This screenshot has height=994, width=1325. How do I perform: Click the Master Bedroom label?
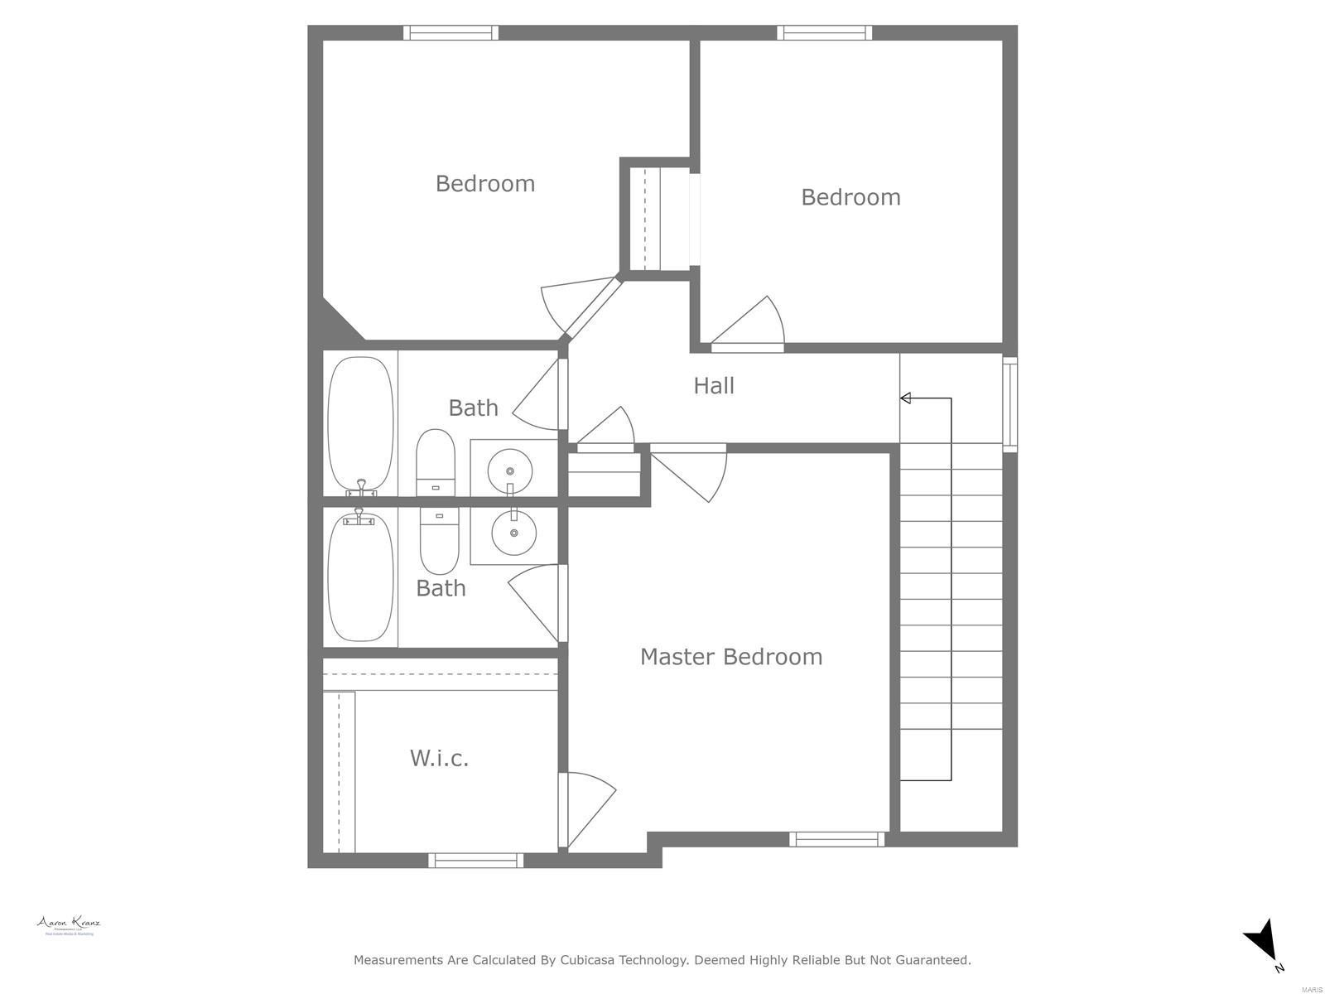point(730,657)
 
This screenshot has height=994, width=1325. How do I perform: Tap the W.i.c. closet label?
point(439,758)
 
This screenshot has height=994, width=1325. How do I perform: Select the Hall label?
point(713,385)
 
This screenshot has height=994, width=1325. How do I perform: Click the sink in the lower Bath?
point(513,533)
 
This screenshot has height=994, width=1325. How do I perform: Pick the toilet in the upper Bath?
point(436,464)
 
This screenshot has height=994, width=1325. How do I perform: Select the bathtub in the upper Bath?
point(360,424)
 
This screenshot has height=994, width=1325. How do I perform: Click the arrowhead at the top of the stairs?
point(906,398)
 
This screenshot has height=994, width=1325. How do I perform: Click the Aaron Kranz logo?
point(68,925)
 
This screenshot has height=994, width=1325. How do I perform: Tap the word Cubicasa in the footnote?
point(591,960)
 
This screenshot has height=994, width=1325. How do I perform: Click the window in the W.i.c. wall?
point(475,861)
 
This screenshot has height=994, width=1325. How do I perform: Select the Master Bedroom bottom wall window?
point(836,839)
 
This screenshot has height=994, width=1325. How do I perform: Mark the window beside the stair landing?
point(1009,403)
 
